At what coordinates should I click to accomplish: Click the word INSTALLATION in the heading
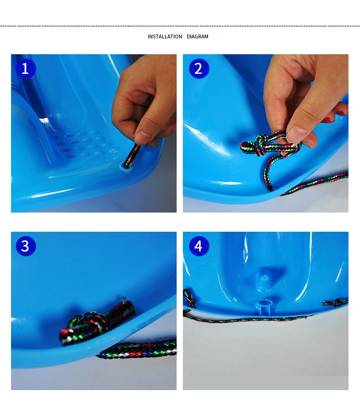coord(165,36)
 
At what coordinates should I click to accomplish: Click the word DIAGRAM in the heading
coord(197,36)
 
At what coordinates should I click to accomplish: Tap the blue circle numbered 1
coord(25,69)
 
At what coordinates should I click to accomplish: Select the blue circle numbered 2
coord(199,69)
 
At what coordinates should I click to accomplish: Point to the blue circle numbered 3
coord(25,246)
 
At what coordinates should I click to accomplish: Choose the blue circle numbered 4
coord(199,246)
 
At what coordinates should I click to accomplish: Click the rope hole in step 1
coord(127,166)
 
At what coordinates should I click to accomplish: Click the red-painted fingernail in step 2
coord(328,120)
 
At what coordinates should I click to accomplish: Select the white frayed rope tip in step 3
coord(123,300)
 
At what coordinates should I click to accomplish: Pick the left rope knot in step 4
coord(190,298)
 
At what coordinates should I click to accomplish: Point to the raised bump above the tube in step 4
coord(264,279)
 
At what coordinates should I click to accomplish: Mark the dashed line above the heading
coord(180,26)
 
